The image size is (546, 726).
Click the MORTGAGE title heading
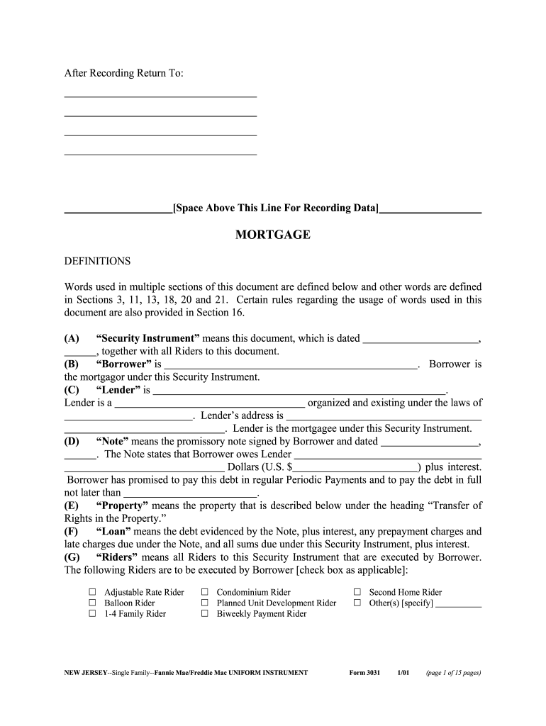273,235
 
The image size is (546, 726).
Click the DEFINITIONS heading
98,261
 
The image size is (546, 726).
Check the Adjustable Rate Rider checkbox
92,592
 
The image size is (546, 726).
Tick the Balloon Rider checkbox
92,603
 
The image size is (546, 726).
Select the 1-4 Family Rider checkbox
92,613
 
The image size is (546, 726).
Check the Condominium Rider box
204,592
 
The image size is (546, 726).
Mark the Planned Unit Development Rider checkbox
204,603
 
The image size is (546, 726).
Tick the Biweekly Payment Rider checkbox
204,613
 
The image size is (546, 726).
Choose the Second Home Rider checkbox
357,592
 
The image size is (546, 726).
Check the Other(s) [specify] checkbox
357,603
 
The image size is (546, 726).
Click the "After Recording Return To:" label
124,74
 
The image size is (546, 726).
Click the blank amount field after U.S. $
355,467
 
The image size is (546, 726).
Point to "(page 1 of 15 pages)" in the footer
453,672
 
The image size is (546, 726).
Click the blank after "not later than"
190,493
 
